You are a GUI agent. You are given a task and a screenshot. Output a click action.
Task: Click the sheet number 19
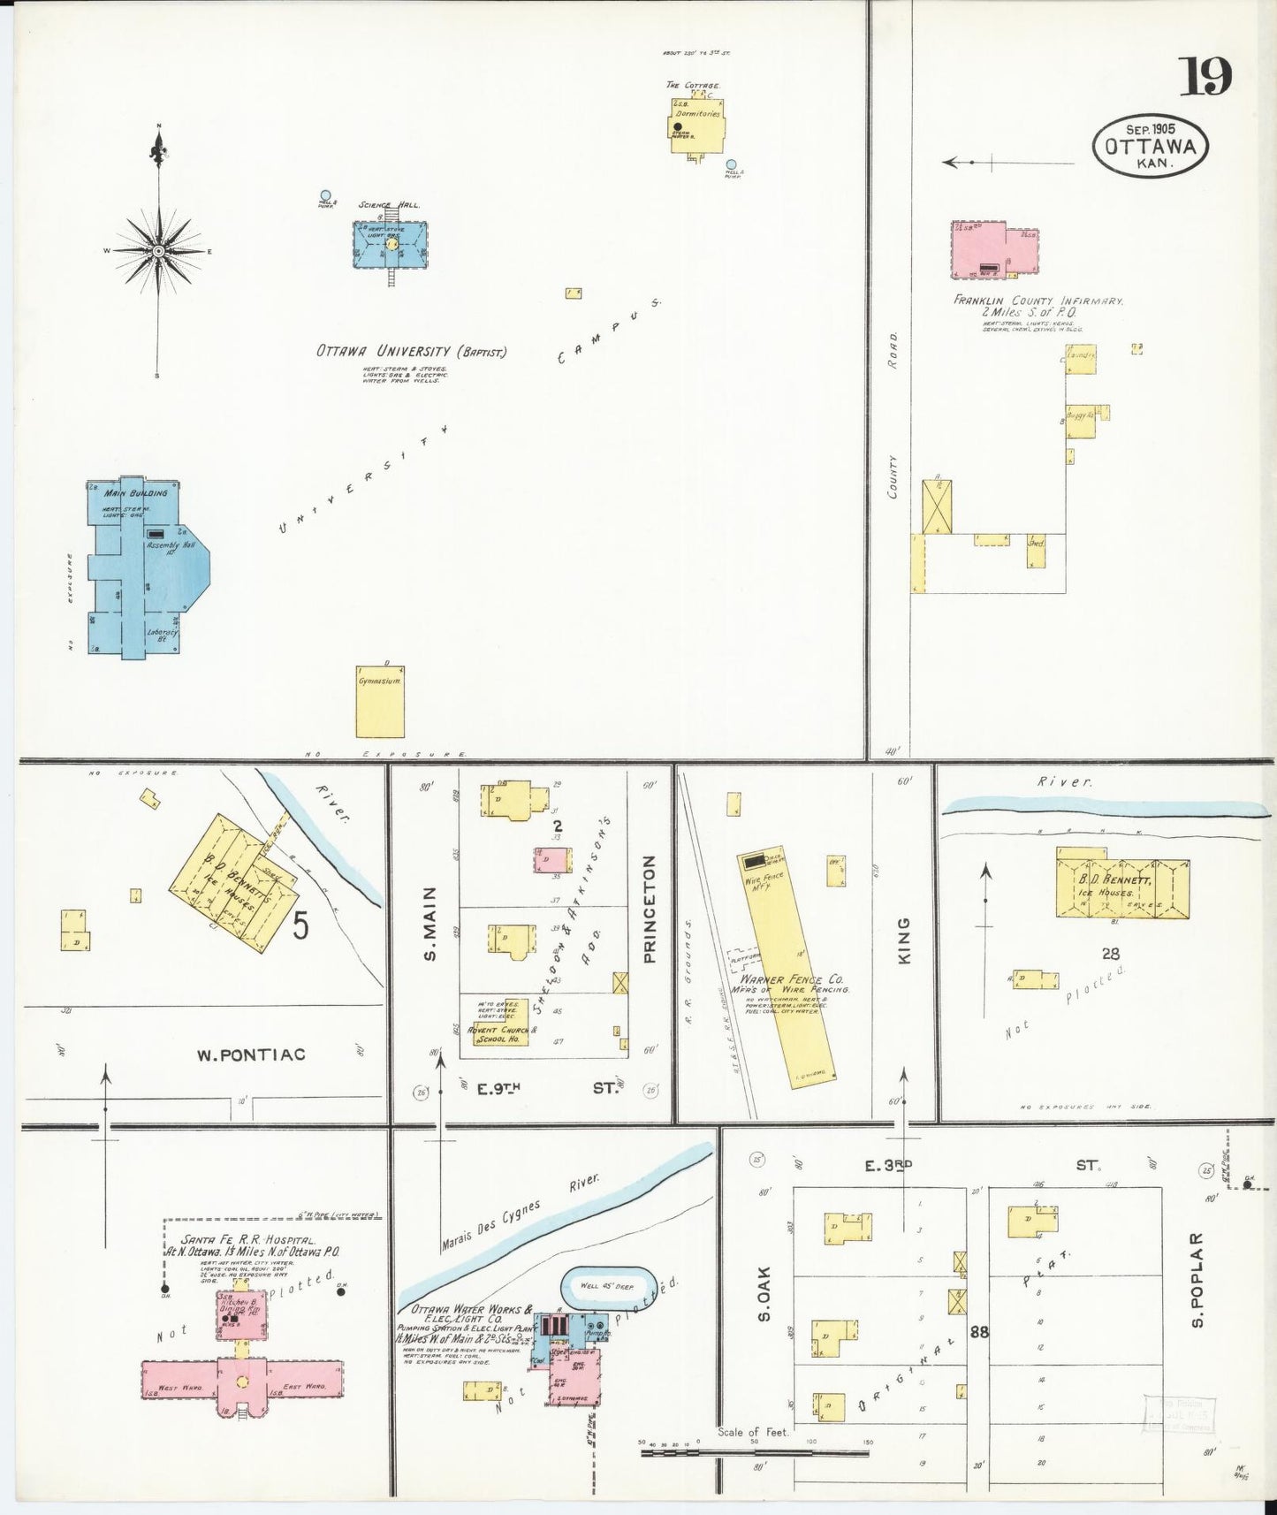1206,77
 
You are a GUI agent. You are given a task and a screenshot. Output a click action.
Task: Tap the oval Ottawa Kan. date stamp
1150,146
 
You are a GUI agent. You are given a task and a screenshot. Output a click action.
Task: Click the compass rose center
158,251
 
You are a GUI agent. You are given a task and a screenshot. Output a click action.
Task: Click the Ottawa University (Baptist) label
412,351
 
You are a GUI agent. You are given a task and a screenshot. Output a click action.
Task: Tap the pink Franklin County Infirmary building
993,248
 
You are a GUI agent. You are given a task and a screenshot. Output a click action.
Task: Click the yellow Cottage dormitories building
697,126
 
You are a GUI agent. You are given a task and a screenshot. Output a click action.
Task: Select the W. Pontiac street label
251,1054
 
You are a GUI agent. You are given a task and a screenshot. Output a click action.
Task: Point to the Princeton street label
650,909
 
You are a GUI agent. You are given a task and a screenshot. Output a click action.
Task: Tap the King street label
903,941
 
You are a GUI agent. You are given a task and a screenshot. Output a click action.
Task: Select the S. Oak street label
764,1294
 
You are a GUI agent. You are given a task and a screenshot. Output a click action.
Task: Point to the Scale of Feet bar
754,1450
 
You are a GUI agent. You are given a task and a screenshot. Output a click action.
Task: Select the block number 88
978,1331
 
